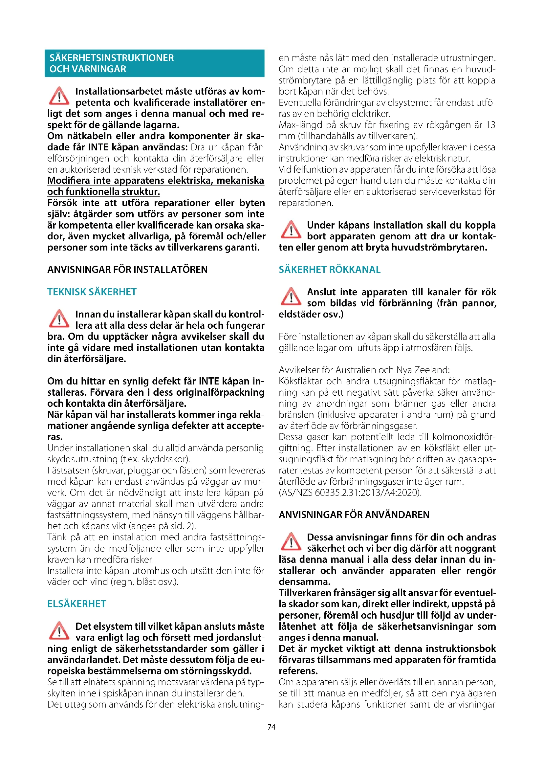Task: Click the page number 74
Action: click(271, 727)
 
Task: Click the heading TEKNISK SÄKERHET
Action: click(92, 292)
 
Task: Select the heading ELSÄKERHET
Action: click(76, 604)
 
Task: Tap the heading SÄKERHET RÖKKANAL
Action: click(329, 270)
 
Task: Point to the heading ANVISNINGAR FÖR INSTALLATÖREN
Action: click(127, 270)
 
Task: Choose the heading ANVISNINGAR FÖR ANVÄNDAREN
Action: click(354, 515)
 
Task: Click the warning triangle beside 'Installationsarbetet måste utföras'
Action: click(59, 96)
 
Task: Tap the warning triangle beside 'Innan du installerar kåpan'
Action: click(59, 319)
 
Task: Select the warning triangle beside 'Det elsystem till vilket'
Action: click(59, 631)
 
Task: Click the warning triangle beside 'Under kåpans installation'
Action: click(291, 230)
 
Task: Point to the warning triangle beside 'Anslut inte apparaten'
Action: click(291, 297)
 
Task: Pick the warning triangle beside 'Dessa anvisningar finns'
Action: click(291, 542)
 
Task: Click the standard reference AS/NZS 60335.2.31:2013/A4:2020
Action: click(350, 493)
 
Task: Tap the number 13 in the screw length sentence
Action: click(490, 125)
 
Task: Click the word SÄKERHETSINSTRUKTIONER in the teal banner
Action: click(112, 58)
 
